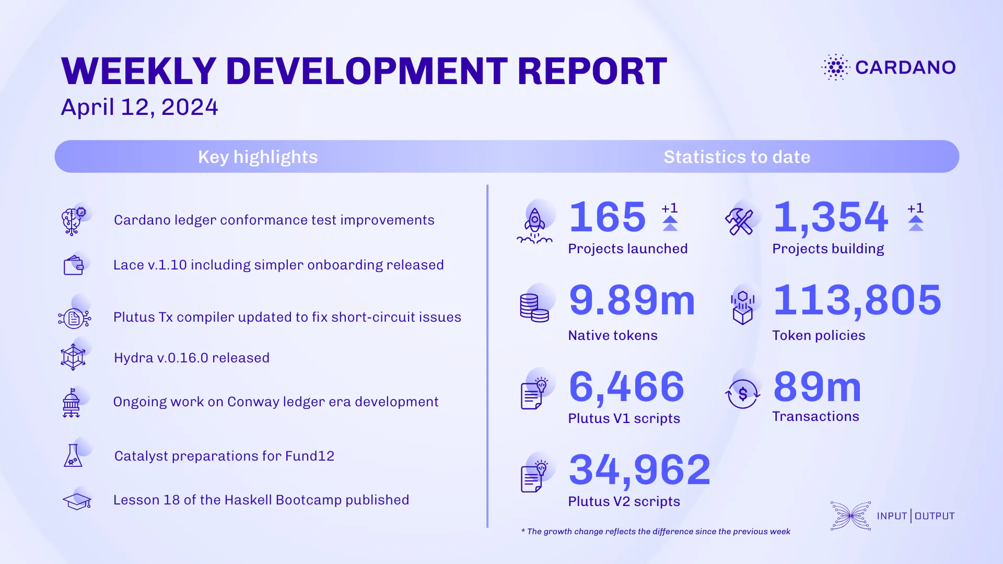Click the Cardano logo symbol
836,67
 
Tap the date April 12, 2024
139,107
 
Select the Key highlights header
258,157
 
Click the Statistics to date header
737,157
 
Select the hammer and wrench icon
739,222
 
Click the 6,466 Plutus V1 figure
626,387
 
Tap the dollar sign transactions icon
742,394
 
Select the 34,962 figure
640,469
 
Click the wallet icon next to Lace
74,265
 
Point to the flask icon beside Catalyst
73,456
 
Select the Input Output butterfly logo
850,516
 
